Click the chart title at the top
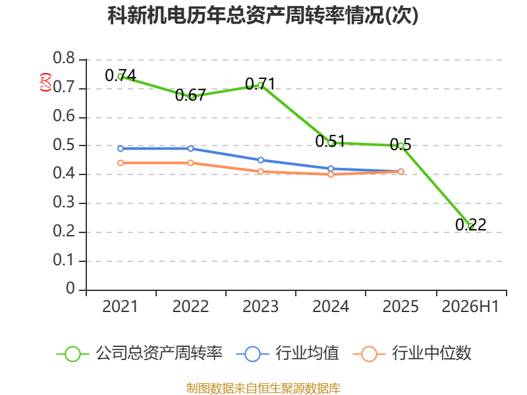pyautogui.click(x=263, y=15)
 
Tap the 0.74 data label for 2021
pyautogui.click(x=121, y=75)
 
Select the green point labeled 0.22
pyautogui.click(x=471, y=226)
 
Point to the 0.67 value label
pyautogui.click(x=190, y=95)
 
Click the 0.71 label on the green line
pyautogui.click(x=260, y=84)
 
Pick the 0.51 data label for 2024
pyautogui.click(x=331, y=141)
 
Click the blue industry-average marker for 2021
pyautogui.click(x=121, y=149)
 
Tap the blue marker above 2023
pyautogui.click(x=260, y=160)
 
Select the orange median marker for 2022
pyautogui.click(x=190, y=163)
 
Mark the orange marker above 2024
pyautogui.click(x=331, y=174)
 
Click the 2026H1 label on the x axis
pyautogui.click(x=470, y=306)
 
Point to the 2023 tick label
pyautogui.click(x=260, y=306)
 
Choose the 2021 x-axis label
pyautogui.click(x=120, y=306)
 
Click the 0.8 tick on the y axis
pyautogui.click(x=64, y=58)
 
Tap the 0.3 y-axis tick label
pyautogui.click(x=64, y=202)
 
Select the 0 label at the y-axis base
pyautogui.click(x=70, y=288)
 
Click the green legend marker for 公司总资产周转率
pyautogui.click(x=72, y=354)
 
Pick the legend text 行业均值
pyautogui.click(x=307, y=353)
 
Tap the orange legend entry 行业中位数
pyautogui.click(x=412, y=354)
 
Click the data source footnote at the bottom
pyautogui.click(x=263, y=388)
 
